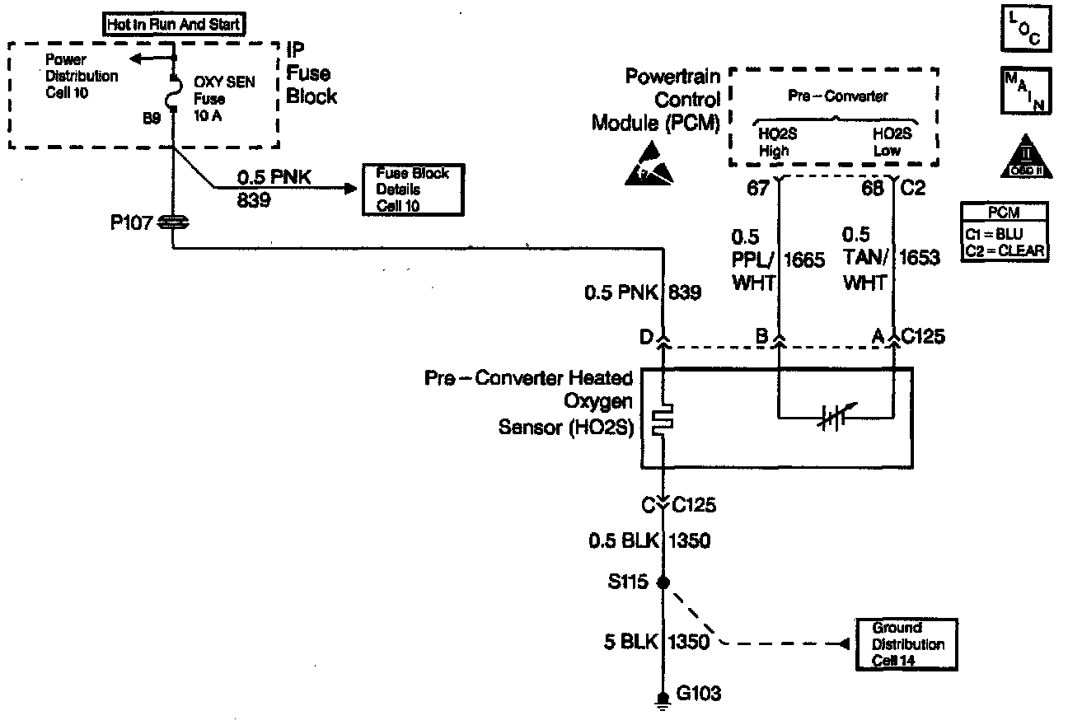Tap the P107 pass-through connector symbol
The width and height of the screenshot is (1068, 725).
(175, 222)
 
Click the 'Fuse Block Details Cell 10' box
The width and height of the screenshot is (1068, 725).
(412, 189)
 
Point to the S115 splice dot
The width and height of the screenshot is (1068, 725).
(664, 582)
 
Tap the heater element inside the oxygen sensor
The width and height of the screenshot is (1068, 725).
(663, 419)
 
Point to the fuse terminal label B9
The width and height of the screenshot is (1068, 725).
(152, 119)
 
